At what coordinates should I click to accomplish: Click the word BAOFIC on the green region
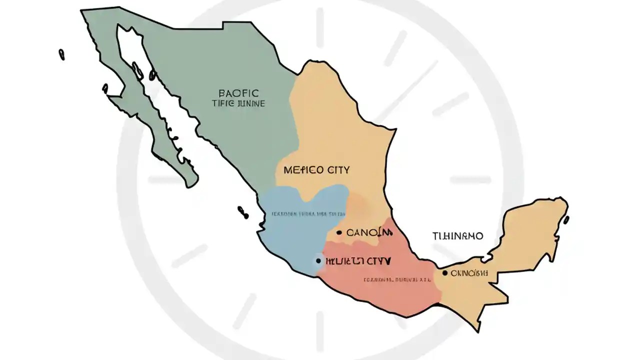pyautogui.click(x=239, y=92)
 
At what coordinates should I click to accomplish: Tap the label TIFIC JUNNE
pyautogui.click(x=238, y=103)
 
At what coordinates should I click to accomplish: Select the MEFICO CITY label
pyautogui.click(x=316, y=170)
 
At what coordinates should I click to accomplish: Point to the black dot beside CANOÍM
pyautogui.click(x=339, y=232)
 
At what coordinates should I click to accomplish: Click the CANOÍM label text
pyautogui.click(x=366, y=232)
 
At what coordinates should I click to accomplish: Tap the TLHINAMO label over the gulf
pyautogui.click(x=457, y=236)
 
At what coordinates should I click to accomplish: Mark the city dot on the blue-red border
pyautogui.click(x=318, y=260)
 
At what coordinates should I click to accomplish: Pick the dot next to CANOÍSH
pyautogui.click(x=444, y=273)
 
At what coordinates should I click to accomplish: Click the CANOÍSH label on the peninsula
pyautogui.click(x=469, y=273)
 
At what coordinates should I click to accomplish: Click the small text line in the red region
pyautogui.click(x=397, y=280)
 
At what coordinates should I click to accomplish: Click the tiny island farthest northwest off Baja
pyautogui.click(x=61, y=54)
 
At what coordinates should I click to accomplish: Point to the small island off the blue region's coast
pyautogui.click(x=243, y=211)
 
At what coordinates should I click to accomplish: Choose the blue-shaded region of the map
pyautogui.click(x=295, y=235)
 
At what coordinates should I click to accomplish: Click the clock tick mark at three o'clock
pyautogui.click(x=470, y=179)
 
